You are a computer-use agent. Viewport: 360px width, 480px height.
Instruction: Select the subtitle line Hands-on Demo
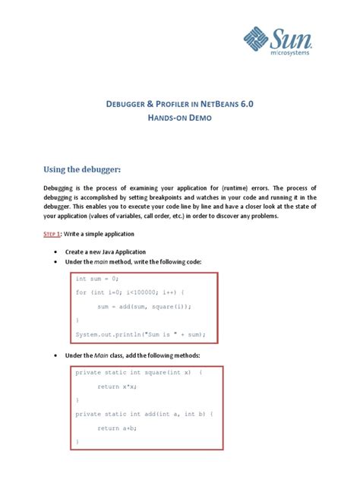click(180, 119)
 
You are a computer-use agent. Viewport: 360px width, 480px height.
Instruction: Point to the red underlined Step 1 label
click(53, 235)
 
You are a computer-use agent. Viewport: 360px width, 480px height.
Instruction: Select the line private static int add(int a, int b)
click(144, 414)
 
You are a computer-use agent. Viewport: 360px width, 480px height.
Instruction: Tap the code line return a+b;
click(118, 428)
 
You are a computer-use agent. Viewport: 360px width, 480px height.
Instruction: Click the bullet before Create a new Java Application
click(56, 251)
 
